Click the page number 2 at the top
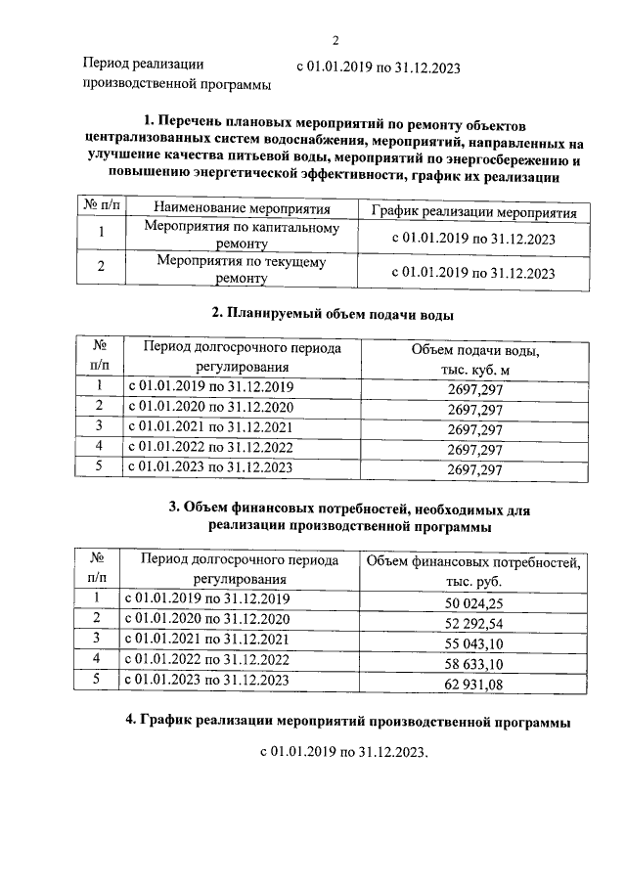[335, 40]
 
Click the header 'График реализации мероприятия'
[474, 211]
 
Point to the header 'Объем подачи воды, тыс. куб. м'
[474, 359]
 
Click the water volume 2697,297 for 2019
[474, 388]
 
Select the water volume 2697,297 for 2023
[474, 470]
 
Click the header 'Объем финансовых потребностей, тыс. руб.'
[473, 570]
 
